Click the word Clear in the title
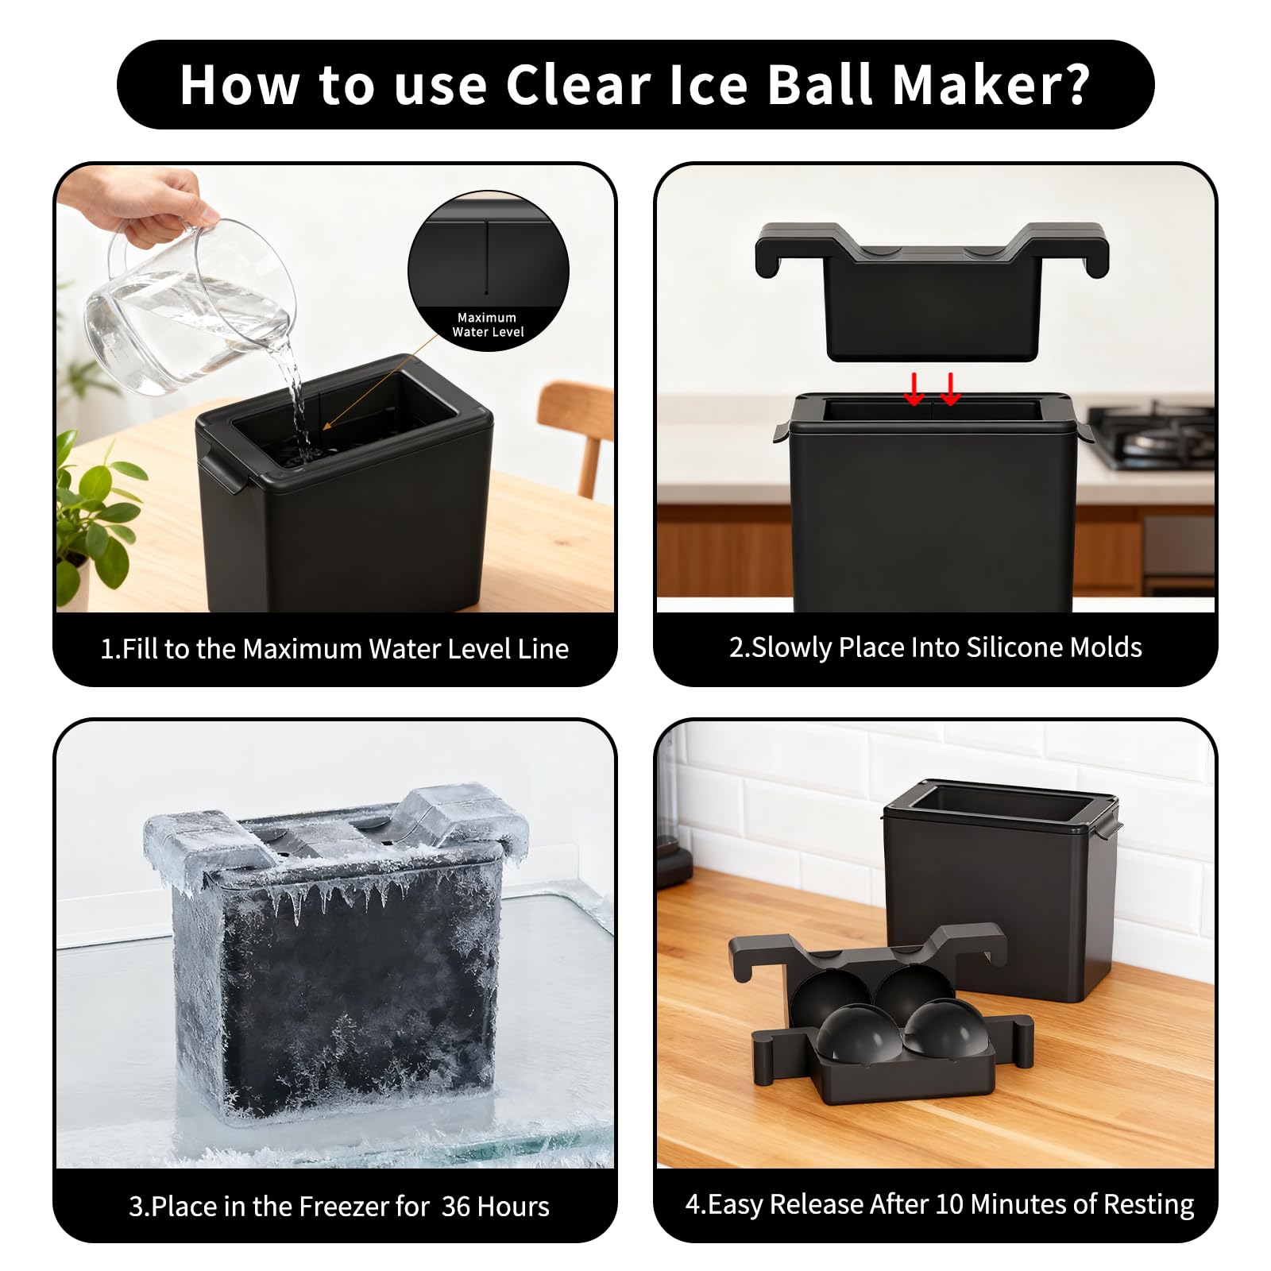pyautogui.click(x=578, y=83)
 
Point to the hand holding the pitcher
pyautogui.click(x=139, y=203)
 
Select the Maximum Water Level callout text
pyautogui.click(x=488, y=324)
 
